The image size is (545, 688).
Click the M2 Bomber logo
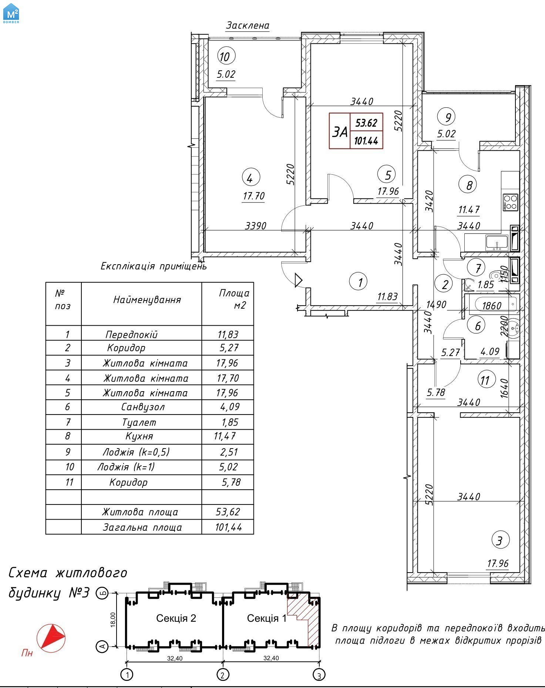11,13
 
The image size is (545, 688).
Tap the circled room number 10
225,56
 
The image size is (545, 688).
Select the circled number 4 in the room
250,178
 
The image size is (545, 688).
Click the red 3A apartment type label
340,131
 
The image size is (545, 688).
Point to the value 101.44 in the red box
366,141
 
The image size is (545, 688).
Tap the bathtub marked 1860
492,305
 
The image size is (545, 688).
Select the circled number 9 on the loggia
447,117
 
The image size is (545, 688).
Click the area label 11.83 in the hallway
387,296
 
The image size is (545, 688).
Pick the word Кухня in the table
139,436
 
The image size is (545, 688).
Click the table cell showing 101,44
228,527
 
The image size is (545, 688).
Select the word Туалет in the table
139,422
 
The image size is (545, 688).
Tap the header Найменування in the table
147,299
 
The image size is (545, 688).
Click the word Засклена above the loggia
248,26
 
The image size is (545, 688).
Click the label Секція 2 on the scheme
176,618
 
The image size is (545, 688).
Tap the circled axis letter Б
102,593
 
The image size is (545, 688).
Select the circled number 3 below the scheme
319,675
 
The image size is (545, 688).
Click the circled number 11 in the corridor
485,380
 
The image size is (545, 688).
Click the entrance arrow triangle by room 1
298,280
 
